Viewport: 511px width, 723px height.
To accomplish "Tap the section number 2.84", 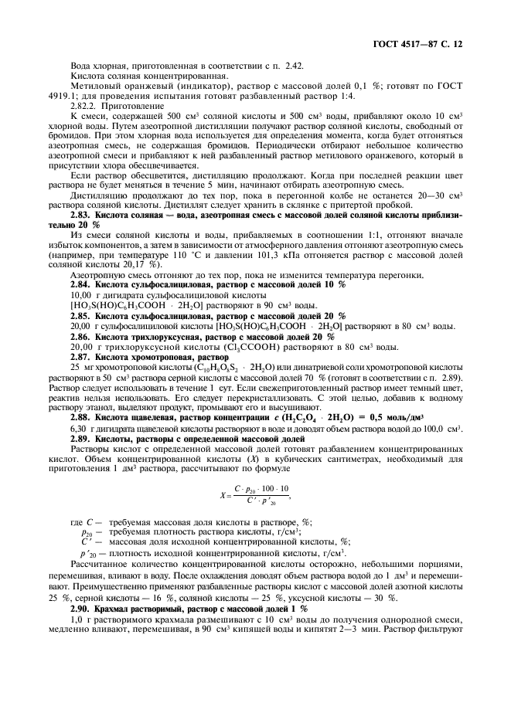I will pyautogui.click(x=83, y=285).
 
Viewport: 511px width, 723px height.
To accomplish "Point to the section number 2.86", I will pyautogui.click(x=83, y=337).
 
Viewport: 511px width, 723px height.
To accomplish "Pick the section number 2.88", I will pyautogui.click(x=83, y=416).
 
